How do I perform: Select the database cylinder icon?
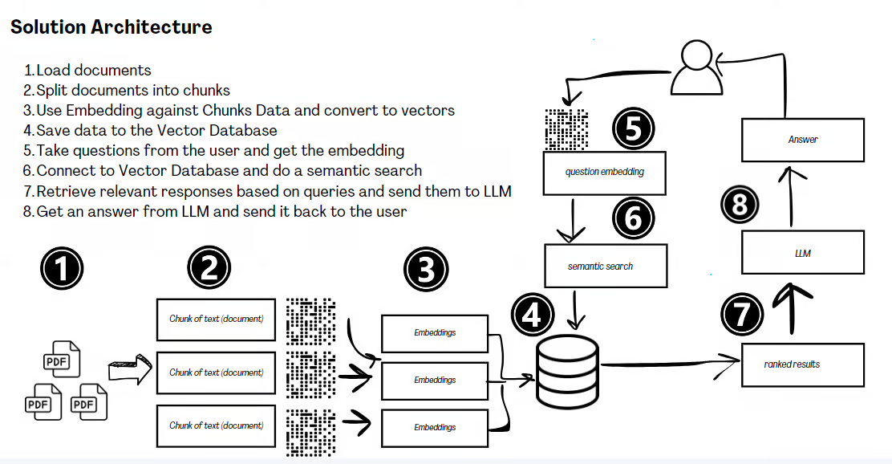click(x=567, y=371)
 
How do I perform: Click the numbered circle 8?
click(x=739, y=203)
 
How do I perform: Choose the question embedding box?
click(x=605, y=172)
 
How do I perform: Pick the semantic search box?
click(x=606, y=266)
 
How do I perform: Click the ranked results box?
click(x=802, y=364)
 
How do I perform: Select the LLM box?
click(x=802, y=253)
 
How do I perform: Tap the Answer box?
click(x=802, y=140)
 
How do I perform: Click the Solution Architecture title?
click(x=111, y=26)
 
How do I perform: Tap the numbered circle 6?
click(x=634, y=218)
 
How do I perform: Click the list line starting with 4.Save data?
click(x=151, y=130)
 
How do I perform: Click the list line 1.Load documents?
click(x=87, y=70)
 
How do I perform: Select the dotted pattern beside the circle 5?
click(x=566, y=129)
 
